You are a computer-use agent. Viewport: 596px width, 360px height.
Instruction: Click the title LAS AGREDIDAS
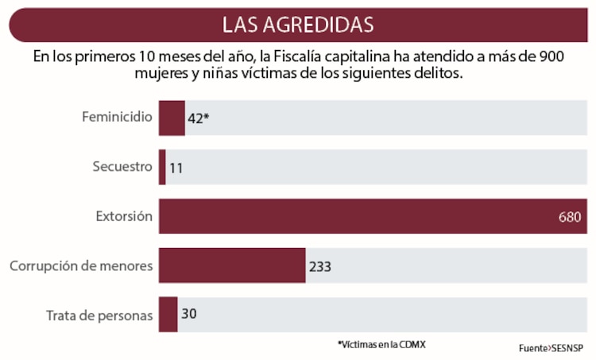coord(298,24)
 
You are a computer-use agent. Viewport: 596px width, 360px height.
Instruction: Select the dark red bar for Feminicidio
coord(172,118)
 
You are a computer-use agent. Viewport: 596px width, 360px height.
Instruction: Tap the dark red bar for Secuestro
coord(162,167)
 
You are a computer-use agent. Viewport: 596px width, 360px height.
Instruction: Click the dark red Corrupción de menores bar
coord(232,265)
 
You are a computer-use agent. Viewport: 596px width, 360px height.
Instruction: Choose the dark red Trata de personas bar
coord(168,314)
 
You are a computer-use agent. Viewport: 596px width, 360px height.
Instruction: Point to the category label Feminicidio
coord(117,117)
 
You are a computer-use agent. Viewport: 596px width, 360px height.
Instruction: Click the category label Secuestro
coord(122,167)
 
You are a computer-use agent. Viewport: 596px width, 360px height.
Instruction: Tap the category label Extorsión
coord(124,216)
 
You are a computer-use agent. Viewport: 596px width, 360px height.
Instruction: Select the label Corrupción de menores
coord(81,265)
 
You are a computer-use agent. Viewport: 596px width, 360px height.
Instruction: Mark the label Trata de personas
coord(99,315)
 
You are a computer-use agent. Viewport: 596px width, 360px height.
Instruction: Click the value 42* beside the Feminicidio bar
coord(198,118)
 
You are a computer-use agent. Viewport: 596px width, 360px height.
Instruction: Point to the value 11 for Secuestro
coord(176,168)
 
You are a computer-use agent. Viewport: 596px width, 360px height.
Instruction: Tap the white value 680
coord(570,217)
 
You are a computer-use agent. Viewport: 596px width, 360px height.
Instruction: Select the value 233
coord(319,266)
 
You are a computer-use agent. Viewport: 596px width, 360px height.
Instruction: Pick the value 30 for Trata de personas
coord(189,314)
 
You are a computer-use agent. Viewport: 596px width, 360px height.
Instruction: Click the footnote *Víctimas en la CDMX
coord(387,344)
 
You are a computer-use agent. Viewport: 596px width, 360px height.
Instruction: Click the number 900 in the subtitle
coord(551,56)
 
